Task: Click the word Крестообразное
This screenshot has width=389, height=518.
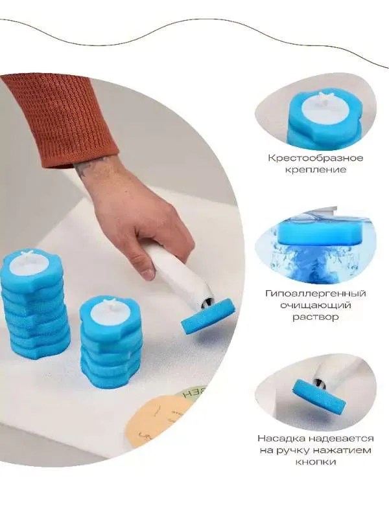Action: pos(316,158)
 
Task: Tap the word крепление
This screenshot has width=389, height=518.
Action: pos(315,170)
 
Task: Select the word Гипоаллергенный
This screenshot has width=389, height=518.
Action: pos(316,293)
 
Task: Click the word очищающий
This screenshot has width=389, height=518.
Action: pos(316,305)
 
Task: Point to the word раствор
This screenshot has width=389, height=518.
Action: pos(315,317)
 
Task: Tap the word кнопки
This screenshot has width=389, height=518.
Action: pos(316,462)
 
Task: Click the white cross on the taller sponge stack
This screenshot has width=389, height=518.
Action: pos(26,255)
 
